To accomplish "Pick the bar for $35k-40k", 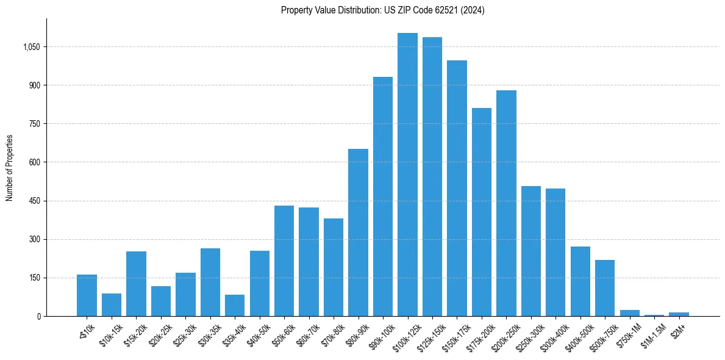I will point(235,306).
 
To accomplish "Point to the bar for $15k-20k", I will point(136,284).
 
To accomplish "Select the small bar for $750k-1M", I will point(630,313).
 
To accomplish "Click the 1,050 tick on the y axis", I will point(30,47).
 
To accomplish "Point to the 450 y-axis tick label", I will point(34,201).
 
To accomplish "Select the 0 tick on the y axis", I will point(38,316).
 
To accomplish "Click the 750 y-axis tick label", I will point(34,124).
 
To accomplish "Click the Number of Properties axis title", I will point(10,168).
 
